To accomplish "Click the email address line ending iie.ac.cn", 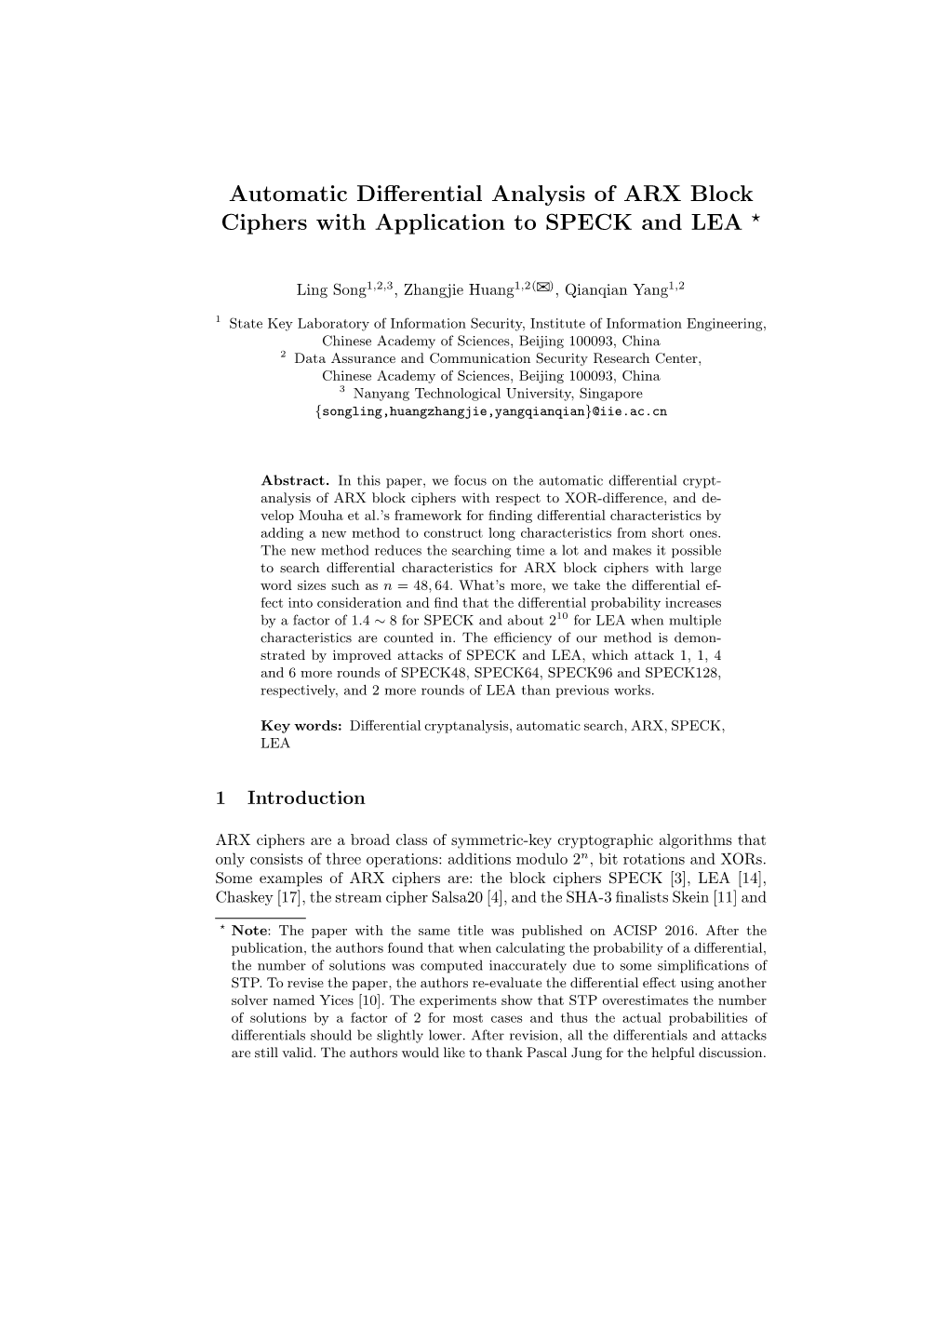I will click(491, 410).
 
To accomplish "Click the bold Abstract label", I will click(295, 481).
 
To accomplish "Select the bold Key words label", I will click(301, 725).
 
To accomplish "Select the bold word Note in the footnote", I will click(249, 931).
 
